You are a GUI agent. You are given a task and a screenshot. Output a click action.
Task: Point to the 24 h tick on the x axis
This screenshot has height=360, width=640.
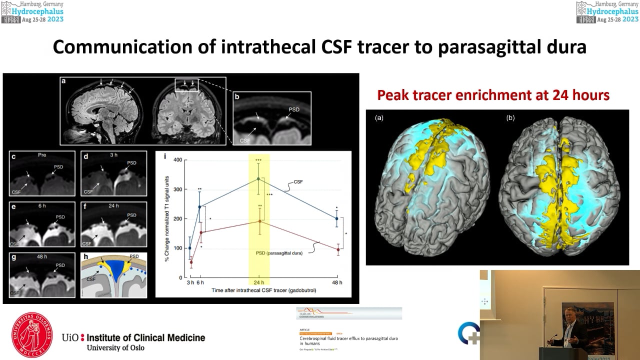click(x=259, y=283)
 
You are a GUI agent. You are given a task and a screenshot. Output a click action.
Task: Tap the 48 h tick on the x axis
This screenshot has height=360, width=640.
click(x=338, y=283)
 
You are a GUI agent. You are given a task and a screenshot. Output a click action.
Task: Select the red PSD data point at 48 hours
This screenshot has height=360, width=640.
click(x=338, y=249)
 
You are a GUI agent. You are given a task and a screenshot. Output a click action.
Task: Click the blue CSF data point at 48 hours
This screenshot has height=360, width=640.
click(x=338, y=218)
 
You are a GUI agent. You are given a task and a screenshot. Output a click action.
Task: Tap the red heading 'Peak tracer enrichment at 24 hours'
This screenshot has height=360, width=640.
click(x=493, y=95)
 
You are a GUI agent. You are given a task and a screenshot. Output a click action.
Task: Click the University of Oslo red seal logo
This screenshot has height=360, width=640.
click(x=32, y=336)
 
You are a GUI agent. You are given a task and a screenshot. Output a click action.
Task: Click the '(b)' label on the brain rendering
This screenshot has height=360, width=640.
click(x=510, y=118)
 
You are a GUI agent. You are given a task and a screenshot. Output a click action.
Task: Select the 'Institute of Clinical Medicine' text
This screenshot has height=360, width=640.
click(x=145, y=338)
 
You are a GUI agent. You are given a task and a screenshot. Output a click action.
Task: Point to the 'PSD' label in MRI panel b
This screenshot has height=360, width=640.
click(x=295, y=108)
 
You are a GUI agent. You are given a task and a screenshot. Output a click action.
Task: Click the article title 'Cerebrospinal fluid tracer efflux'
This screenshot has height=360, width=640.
click(x=345, y=338)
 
